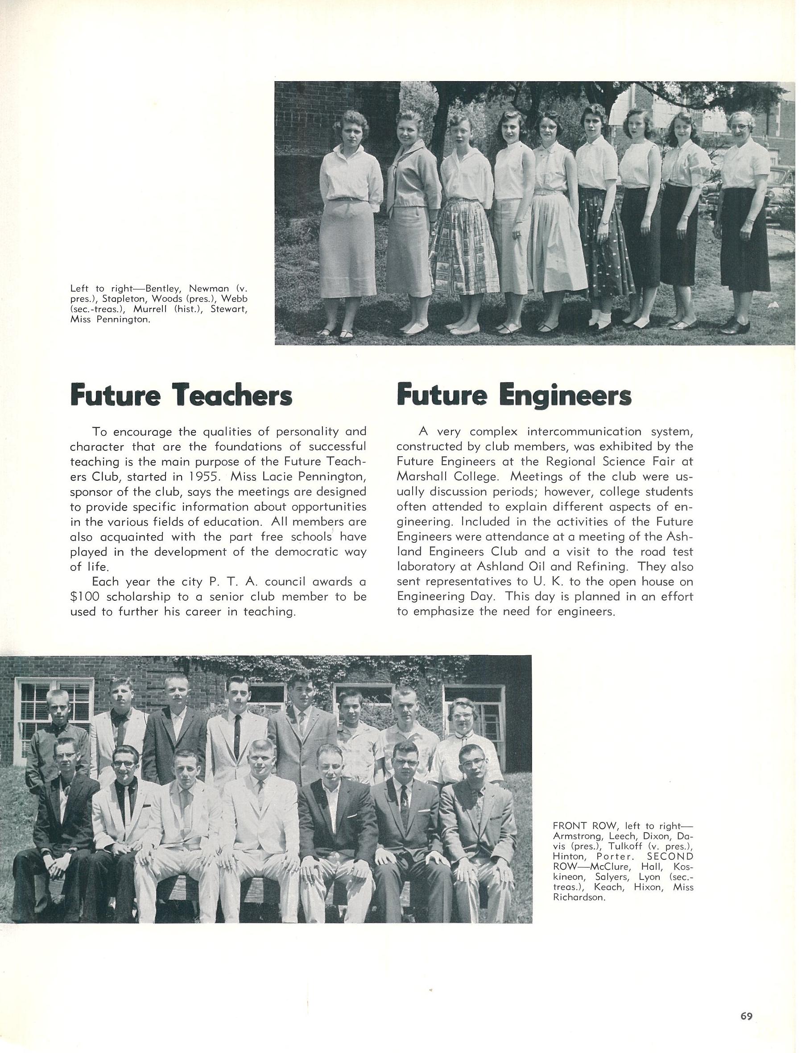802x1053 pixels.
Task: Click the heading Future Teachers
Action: click(x=181, y=396)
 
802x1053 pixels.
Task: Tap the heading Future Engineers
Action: click(x=514, y=396)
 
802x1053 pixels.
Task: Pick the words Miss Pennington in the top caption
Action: click(x=110, y=320)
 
